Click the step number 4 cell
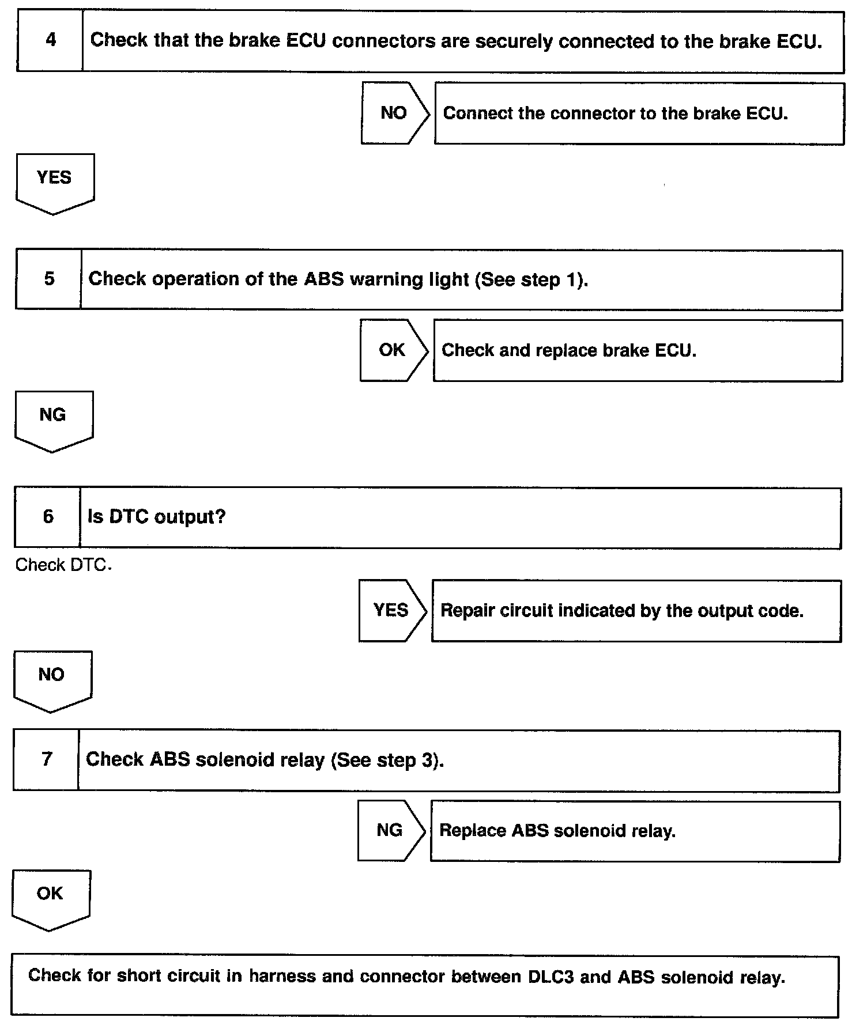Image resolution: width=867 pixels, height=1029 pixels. point(50,40)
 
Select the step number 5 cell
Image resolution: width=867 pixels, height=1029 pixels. point(49,279)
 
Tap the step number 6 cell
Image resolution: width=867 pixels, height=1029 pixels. point(48,516)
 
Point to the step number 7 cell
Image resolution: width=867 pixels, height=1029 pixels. point(47,759)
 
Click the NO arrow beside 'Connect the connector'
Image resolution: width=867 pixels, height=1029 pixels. point(394,113)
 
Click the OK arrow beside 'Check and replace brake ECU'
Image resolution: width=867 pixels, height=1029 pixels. point(393,350)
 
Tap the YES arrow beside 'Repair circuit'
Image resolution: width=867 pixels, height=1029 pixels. point(391,610)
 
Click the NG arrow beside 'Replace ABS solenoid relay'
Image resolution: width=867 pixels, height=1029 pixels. point(390,830)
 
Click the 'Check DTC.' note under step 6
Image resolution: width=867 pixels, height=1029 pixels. point(63,565)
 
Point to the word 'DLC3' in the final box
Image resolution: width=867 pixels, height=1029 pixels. point(551,977)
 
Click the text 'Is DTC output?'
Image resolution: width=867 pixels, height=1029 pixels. point(156,517)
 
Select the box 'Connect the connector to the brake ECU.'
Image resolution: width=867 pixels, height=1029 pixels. point(639,114)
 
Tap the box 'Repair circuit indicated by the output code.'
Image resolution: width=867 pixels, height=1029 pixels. point(636,611)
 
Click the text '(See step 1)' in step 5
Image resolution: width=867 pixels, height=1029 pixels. point(531,280)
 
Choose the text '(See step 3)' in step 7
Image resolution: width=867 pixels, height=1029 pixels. point(387,760)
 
